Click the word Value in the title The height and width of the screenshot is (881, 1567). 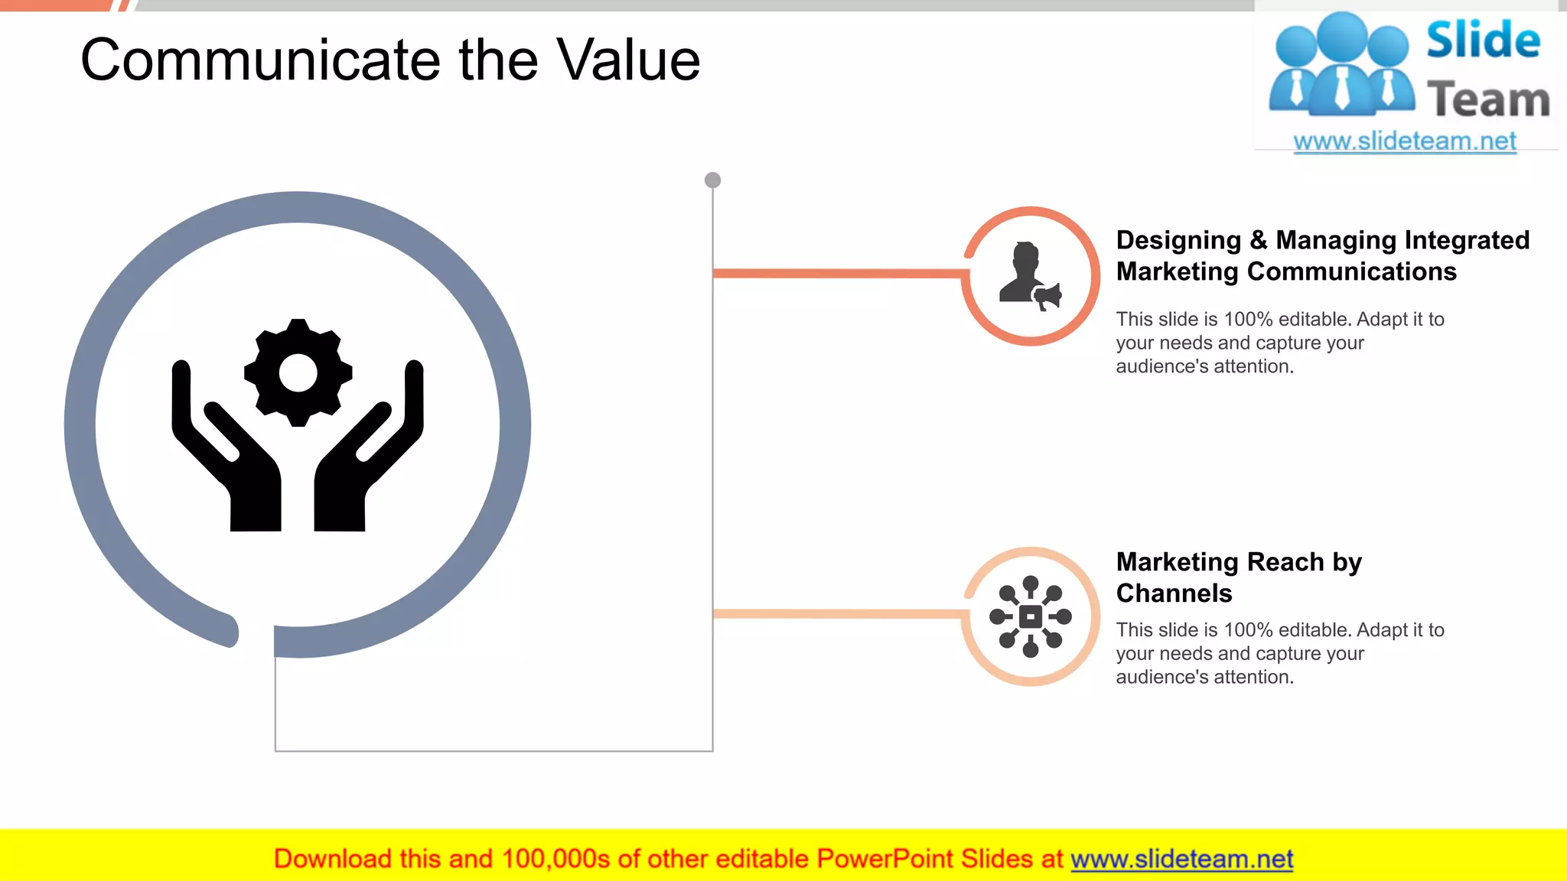point(627,61)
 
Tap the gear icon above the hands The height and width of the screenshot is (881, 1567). point(298,372)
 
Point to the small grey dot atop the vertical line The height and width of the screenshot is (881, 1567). point(712,180)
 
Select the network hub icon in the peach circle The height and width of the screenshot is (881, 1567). point(1031,616)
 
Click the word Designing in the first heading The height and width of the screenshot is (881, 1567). point(1178,240)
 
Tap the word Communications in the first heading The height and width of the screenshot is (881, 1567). point(1351,271)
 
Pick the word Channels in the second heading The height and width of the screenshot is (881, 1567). point(1174,593)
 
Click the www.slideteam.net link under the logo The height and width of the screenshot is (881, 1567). point(1405,141)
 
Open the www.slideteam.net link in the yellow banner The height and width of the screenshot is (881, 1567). point(1181,860)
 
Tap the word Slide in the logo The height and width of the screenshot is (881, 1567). point(1483,41)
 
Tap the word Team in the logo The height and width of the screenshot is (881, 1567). point(1488,100)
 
